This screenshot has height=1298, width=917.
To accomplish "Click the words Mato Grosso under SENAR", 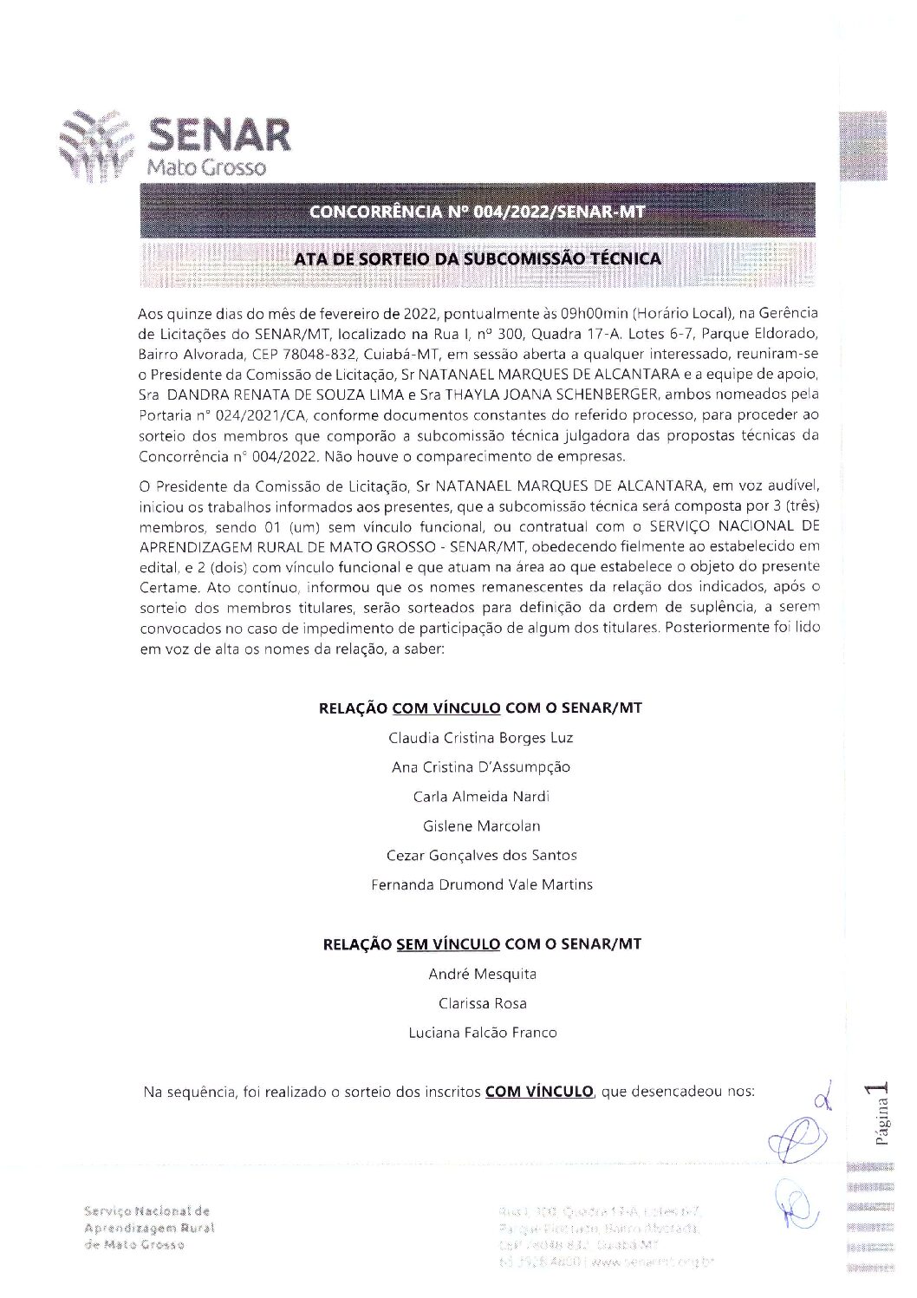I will point(206,167).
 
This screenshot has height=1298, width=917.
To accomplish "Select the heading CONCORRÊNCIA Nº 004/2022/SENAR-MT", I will point(478,212).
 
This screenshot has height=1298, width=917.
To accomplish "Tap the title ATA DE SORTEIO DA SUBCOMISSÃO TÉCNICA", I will point(478,258).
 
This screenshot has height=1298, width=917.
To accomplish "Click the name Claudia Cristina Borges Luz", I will point(481,738).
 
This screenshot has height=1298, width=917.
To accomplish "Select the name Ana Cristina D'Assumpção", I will point(481,767).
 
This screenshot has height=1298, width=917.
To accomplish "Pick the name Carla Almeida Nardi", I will point(481,797).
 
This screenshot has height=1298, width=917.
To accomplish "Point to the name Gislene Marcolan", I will point(481,826).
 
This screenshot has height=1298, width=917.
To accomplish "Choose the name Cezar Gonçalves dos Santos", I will point(481,856).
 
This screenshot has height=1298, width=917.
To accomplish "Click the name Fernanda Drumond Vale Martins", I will point(481,885).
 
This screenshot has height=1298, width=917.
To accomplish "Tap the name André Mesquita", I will point(482,975).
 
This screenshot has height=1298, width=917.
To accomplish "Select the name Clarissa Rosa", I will point(482,1004).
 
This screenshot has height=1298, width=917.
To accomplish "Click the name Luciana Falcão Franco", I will point(482,1034).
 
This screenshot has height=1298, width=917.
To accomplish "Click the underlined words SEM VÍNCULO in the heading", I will point(447,944).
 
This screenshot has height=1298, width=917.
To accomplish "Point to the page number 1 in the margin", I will point(881,1092).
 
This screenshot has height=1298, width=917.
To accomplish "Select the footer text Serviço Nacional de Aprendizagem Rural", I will point(148,1220).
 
